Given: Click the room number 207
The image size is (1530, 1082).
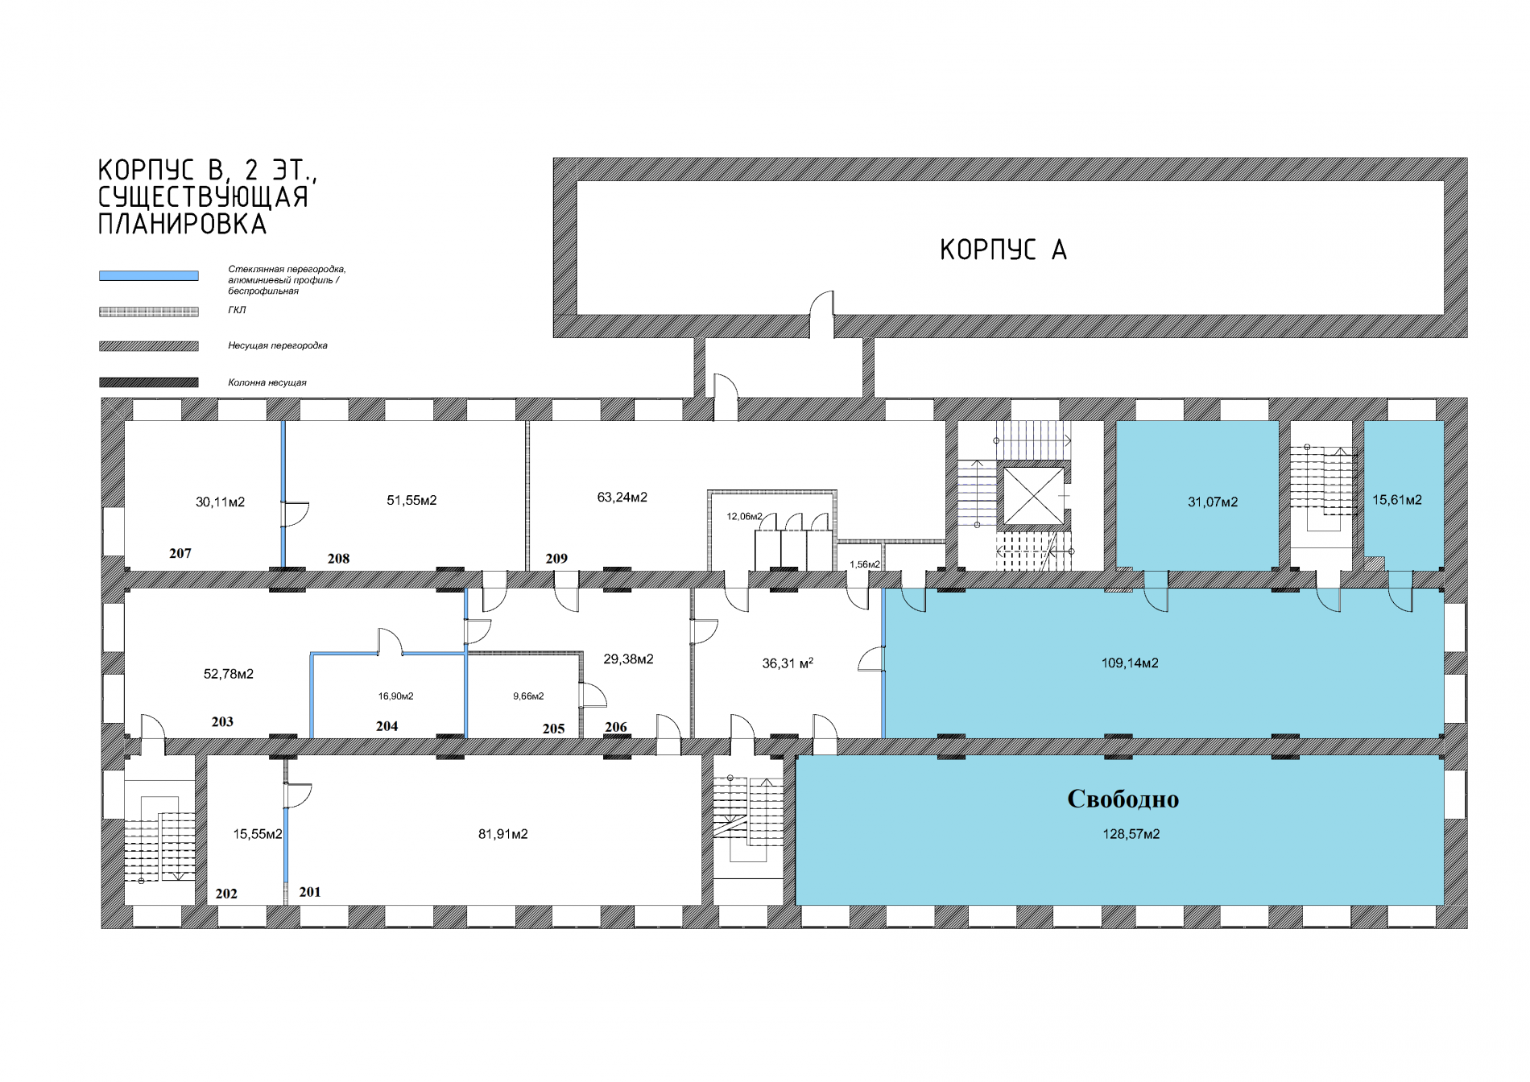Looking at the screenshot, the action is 180,553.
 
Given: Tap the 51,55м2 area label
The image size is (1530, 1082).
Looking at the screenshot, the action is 411,501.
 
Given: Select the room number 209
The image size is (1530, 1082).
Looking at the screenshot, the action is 556,558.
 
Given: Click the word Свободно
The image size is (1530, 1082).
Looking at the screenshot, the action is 1123,799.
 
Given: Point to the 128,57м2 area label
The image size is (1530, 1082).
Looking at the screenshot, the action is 1131,834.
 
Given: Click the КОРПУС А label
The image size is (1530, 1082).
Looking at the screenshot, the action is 1003,250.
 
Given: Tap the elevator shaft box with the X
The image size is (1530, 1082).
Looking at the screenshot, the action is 1033,495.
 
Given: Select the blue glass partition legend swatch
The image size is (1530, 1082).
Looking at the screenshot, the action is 149,275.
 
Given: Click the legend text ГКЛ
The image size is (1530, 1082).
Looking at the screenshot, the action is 237,310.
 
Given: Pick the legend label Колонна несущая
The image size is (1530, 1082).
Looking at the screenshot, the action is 267,382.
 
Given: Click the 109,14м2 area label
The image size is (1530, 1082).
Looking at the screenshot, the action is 1130,663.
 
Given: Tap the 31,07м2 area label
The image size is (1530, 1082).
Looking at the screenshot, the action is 1213,502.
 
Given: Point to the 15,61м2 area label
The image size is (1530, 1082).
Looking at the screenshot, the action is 1397,500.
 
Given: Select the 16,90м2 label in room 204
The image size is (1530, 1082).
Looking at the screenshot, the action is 396,696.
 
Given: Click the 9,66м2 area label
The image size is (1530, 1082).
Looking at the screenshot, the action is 528,696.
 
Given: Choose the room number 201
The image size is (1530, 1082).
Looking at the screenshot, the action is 310,892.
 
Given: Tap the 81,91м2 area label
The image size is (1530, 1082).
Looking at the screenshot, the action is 503,834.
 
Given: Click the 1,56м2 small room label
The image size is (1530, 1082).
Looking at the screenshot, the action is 865,564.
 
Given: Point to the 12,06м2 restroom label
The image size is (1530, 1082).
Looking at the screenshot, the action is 744,516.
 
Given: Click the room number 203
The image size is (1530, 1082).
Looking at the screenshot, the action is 222,721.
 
